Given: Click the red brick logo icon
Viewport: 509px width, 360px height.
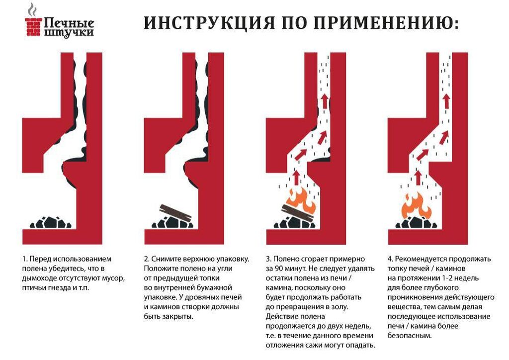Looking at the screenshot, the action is click(33, 27).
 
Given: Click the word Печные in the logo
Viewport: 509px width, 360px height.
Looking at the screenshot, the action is click(69, 23).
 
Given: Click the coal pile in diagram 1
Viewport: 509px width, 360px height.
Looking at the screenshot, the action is click(51, 222).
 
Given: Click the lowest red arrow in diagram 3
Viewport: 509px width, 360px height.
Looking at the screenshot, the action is click(296, 178).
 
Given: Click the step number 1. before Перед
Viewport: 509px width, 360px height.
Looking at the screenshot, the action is click(25, 259).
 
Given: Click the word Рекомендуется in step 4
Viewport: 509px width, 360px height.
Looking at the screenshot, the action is click(421, 259).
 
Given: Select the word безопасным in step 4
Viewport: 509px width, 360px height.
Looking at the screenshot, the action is click(410, 336).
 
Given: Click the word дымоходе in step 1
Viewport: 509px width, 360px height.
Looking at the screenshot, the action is click(37, 278).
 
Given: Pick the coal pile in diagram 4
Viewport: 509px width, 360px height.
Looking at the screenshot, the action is click(417, 222).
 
